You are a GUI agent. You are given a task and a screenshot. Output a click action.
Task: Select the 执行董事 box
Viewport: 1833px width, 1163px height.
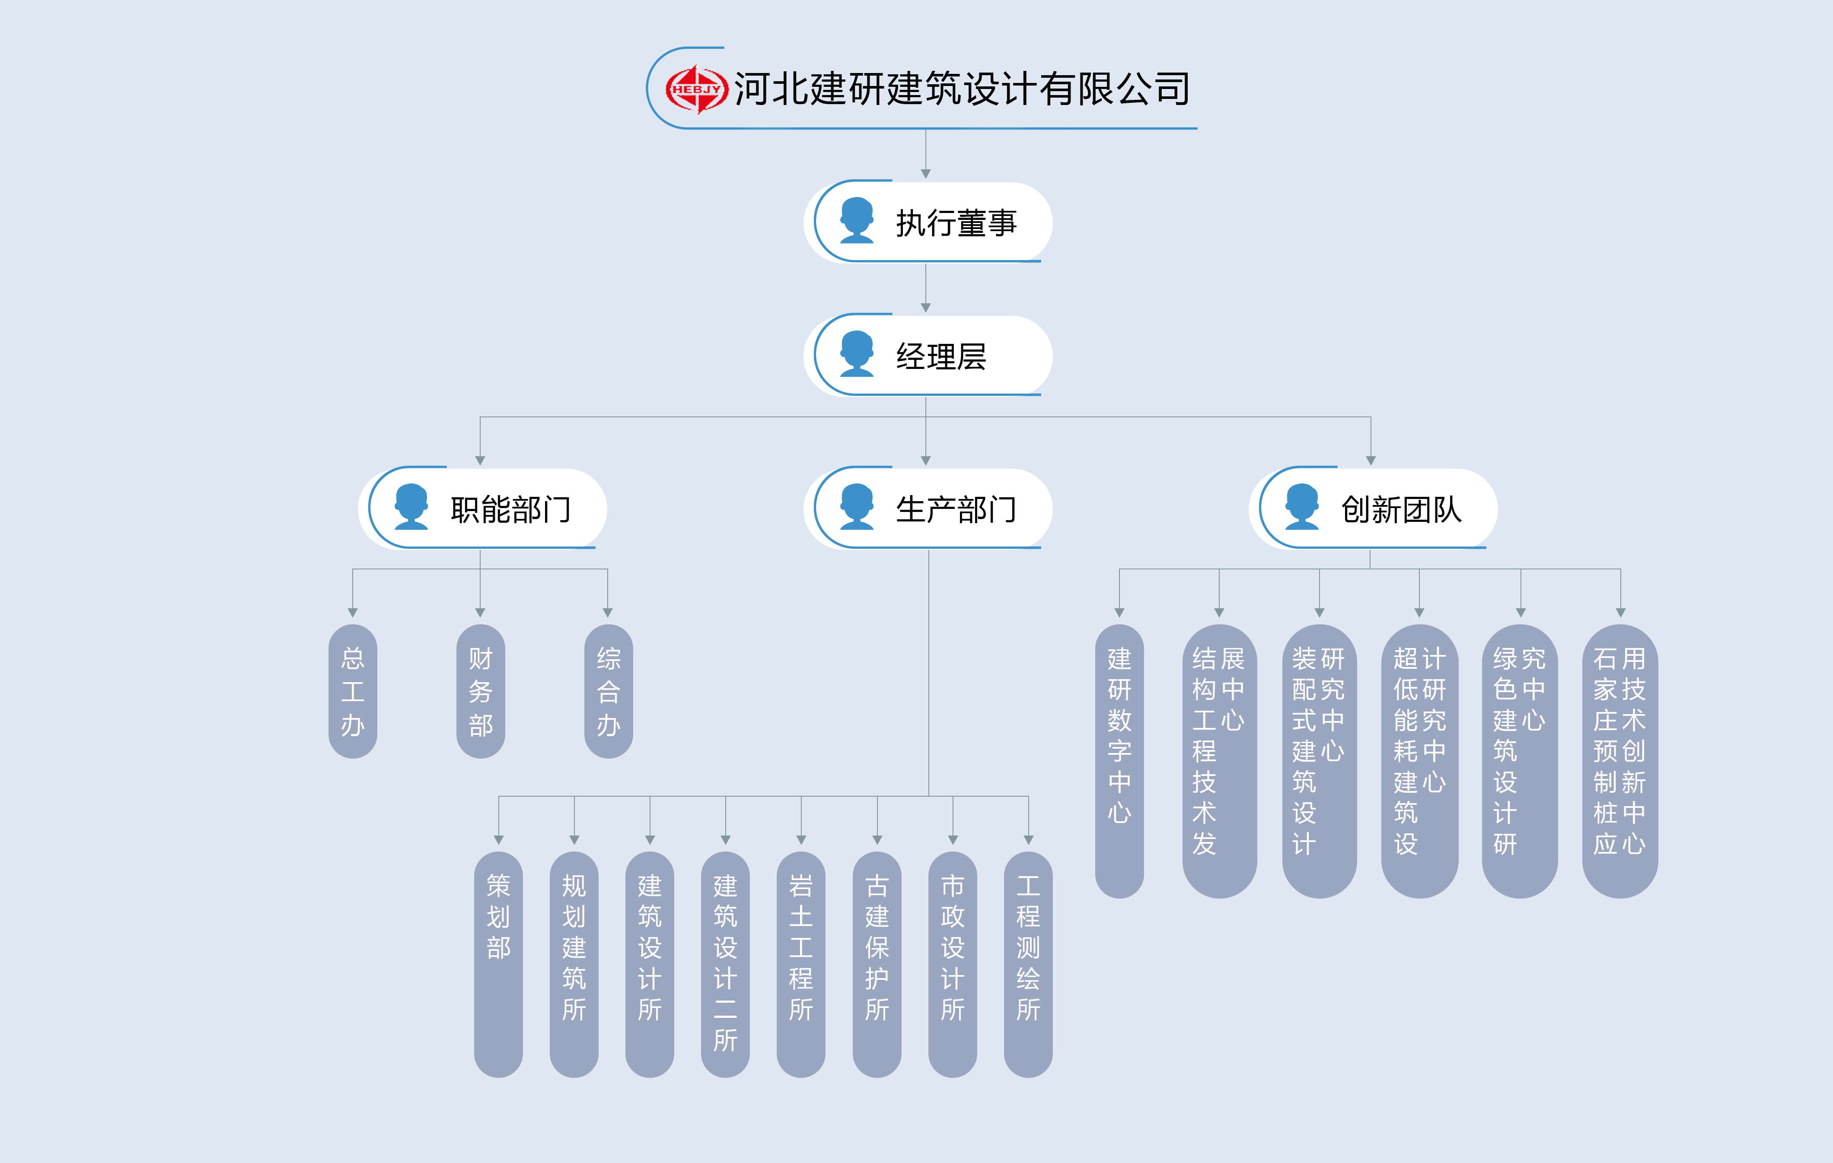[x=929, y=222]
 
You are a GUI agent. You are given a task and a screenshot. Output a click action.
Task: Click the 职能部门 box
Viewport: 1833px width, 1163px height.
[x=483, y=508]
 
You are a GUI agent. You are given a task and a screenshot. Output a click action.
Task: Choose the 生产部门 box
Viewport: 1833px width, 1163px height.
[x=929, y=508]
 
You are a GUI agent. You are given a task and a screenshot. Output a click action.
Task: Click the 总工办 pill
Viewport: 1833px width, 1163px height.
[x=352, y=691]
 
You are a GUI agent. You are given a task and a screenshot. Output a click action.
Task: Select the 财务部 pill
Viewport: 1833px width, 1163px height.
[x=480, y=691]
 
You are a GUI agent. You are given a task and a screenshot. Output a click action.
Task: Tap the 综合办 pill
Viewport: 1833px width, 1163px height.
[x=608, y=691]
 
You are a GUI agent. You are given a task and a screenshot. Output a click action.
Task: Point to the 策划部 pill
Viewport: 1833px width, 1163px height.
[x=499, y=963]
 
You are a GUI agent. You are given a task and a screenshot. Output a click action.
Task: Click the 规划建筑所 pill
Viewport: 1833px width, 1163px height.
[x=574, y=963]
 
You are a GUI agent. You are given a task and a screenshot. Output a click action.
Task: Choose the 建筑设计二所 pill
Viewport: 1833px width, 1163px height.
[x=725, y=963]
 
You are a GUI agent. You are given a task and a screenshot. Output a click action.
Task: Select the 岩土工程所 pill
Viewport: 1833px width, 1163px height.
[x=801, y=963]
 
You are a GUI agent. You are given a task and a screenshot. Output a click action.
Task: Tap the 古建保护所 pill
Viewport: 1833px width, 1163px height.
[x=877, y=963]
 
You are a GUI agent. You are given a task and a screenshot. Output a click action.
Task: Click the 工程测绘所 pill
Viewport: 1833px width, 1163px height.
[x=1028, y=963]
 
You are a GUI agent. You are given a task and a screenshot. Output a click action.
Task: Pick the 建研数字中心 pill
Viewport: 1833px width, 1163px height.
[x=1119, y=761]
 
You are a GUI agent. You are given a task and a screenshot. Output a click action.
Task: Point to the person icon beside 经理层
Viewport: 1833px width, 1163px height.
[x=857, y=354]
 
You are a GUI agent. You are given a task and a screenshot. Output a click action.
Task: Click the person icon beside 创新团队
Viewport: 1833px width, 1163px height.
[x=1302, y=507]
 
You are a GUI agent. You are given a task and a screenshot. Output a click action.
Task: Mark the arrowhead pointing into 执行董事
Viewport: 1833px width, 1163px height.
[x=926, y=174]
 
